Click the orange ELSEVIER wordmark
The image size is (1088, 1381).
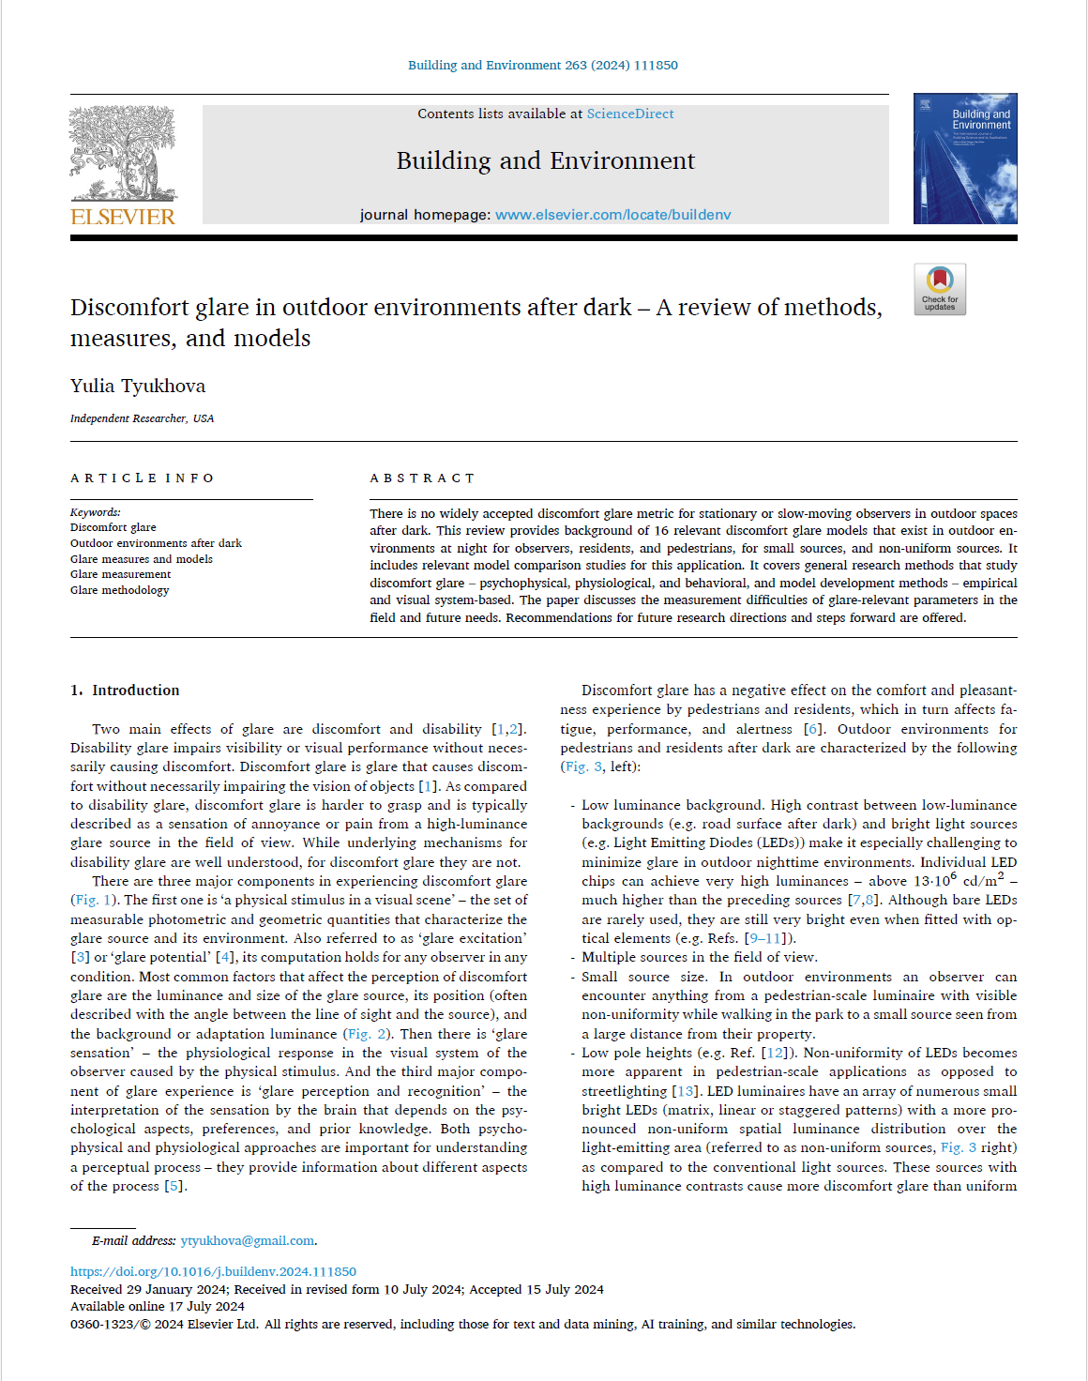(123, 217)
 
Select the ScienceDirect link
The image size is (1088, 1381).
(629, 114)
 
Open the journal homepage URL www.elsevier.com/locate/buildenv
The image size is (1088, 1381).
(612, 215)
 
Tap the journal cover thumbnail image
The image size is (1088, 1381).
(964, 159)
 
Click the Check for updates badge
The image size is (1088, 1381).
(939, 289)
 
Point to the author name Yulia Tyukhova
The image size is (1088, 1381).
(138, 386)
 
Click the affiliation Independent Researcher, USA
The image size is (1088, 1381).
(142, 418)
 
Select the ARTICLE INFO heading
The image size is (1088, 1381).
(143, 478)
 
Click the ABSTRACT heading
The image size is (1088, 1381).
(422, 478)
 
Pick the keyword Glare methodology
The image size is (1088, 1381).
(119, 590)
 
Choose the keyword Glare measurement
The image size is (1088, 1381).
(120, 574)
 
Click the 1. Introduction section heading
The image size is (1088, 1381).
(125, 690)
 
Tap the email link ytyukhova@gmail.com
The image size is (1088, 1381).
(248, 1240)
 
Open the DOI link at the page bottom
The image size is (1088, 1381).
(213, 1271)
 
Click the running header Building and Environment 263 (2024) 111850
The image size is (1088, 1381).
(542, 65)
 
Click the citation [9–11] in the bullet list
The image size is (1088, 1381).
(763, 938)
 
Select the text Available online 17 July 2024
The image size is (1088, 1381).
(158, 1306)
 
